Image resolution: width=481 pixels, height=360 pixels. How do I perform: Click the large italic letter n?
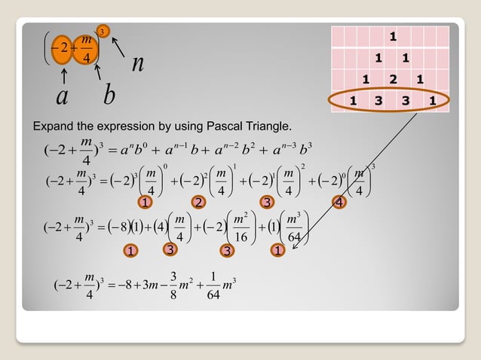click(x=137, y=64)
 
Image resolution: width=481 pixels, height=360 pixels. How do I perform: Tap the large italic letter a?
click(x=63, y=96)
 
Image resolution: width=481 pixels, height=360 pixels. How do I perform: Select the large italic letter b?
click(x=109, y=96)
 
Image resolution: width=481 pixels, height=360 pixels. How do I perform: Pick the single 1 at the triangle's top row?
click(x=391, y=36)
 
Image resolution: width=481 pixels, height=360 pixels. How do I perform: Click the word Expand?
click(x=51, y=124)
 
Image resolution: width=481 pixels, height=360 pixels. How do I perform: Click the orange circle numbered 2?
click(x=198, y=202)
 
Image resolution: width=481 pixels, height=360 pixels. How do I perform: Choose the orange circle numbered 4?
click(x=340, y=202)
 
